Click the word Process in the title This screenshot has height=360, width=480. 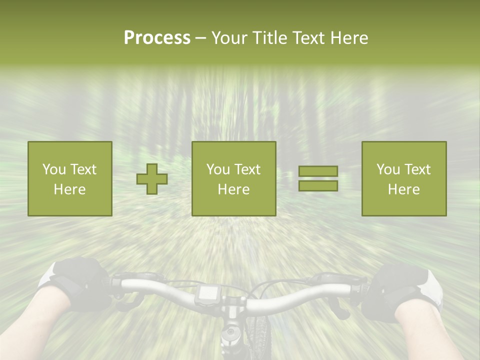click(157, 38)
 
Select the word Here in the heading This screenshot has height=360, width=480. click(348, 38)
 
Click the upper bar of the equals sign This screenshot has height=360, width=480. click(318, 171)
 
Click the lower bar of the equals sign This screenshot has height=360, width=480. click(318, 185)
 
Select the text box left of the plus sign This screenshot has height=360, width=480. click(70, 178)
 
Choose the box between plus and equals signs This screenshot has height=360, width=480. click(234, 178)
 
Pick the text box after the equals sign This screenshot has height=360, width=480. click(404, 178)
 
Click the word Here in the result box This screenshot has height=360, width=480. click(403, 189)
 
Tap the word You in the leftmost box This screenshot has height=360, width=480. click(53, 169)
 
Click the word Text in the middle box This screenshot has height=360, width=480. click(247, 169)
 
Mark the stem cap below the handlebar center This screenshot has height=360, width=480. click(230, 332)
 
